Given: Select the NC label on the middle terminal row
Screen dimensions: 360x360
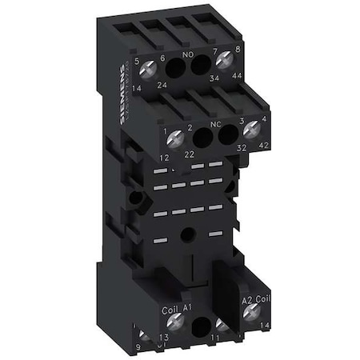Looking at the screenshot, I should pyautogui.click(x=209, y=125).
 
